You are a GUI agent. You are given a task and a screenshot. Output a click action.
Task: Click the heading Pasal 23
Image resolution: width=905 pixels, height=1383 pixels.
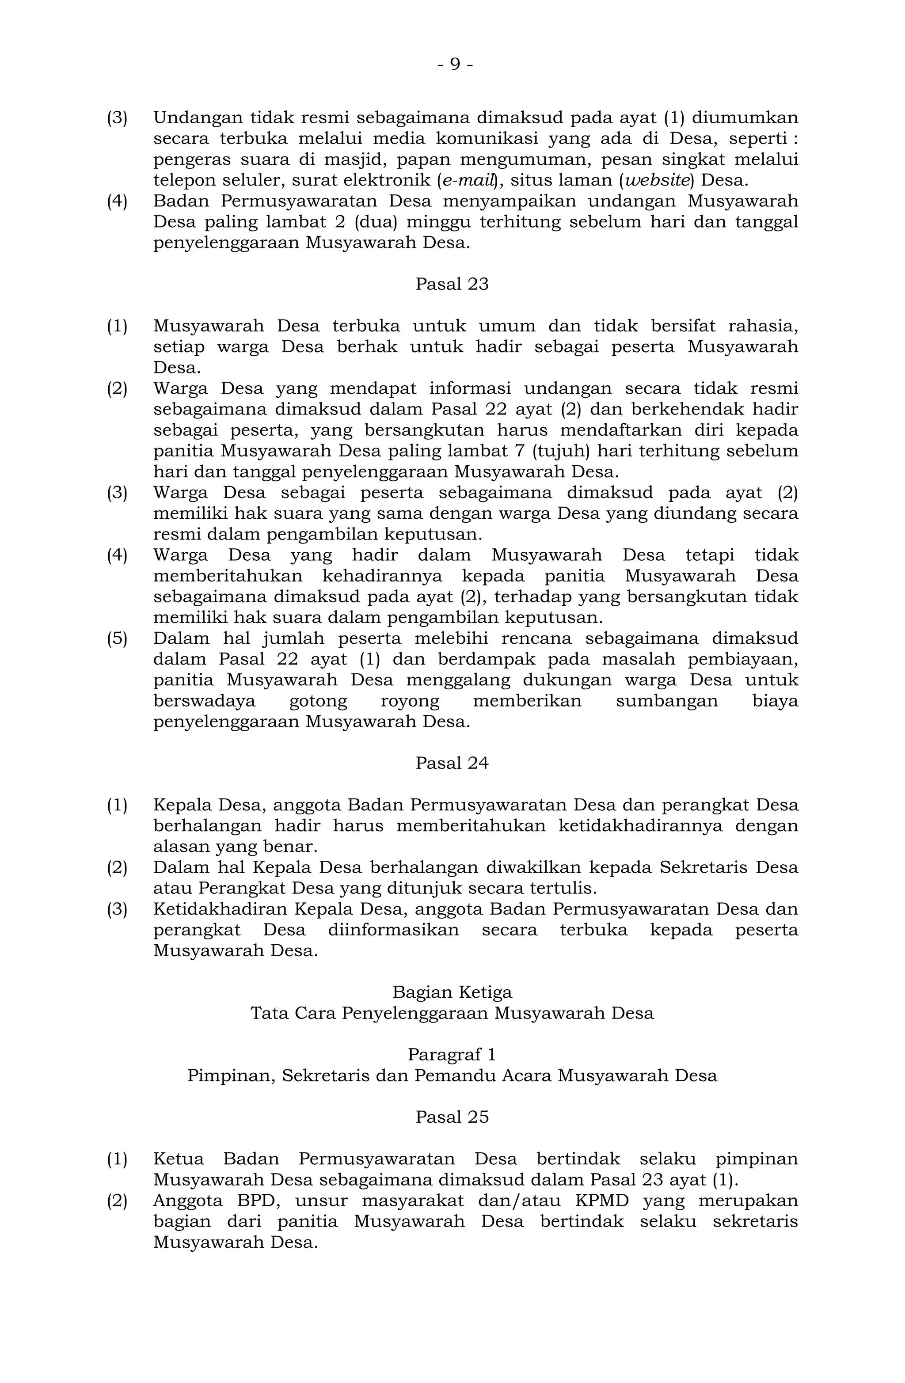[x=452, y=284]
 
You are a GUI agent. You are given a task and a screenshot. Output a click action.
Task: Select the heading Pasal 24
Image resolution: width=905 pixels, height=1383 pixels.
[x=452, y=763]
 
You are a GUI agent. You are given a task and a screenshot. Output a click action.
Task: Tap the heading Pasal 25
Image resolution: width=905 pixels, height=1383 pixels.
[x=452, y=1117]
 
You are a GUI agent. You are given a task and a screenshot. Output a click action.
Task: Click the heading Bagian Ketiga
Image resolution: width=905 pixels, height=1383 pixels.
[x=452, y=992]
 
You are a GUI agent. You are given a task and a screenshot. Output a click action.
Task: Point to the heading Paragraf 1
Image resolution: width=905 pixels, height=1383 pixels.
[x=452, y=1054]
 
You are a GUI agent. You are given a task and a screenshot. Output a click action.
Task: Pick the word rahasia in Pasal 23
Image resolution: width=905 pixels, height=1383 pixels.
[x=763, y=326]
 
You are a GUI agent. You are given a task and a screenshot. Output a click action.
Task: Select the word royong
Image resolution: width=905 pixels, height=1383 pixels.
[x=410, y=701]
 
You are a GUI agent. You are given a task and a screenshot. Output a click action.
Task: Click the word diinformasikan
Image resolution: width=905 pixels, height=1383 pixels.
[x=393, y=930]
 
